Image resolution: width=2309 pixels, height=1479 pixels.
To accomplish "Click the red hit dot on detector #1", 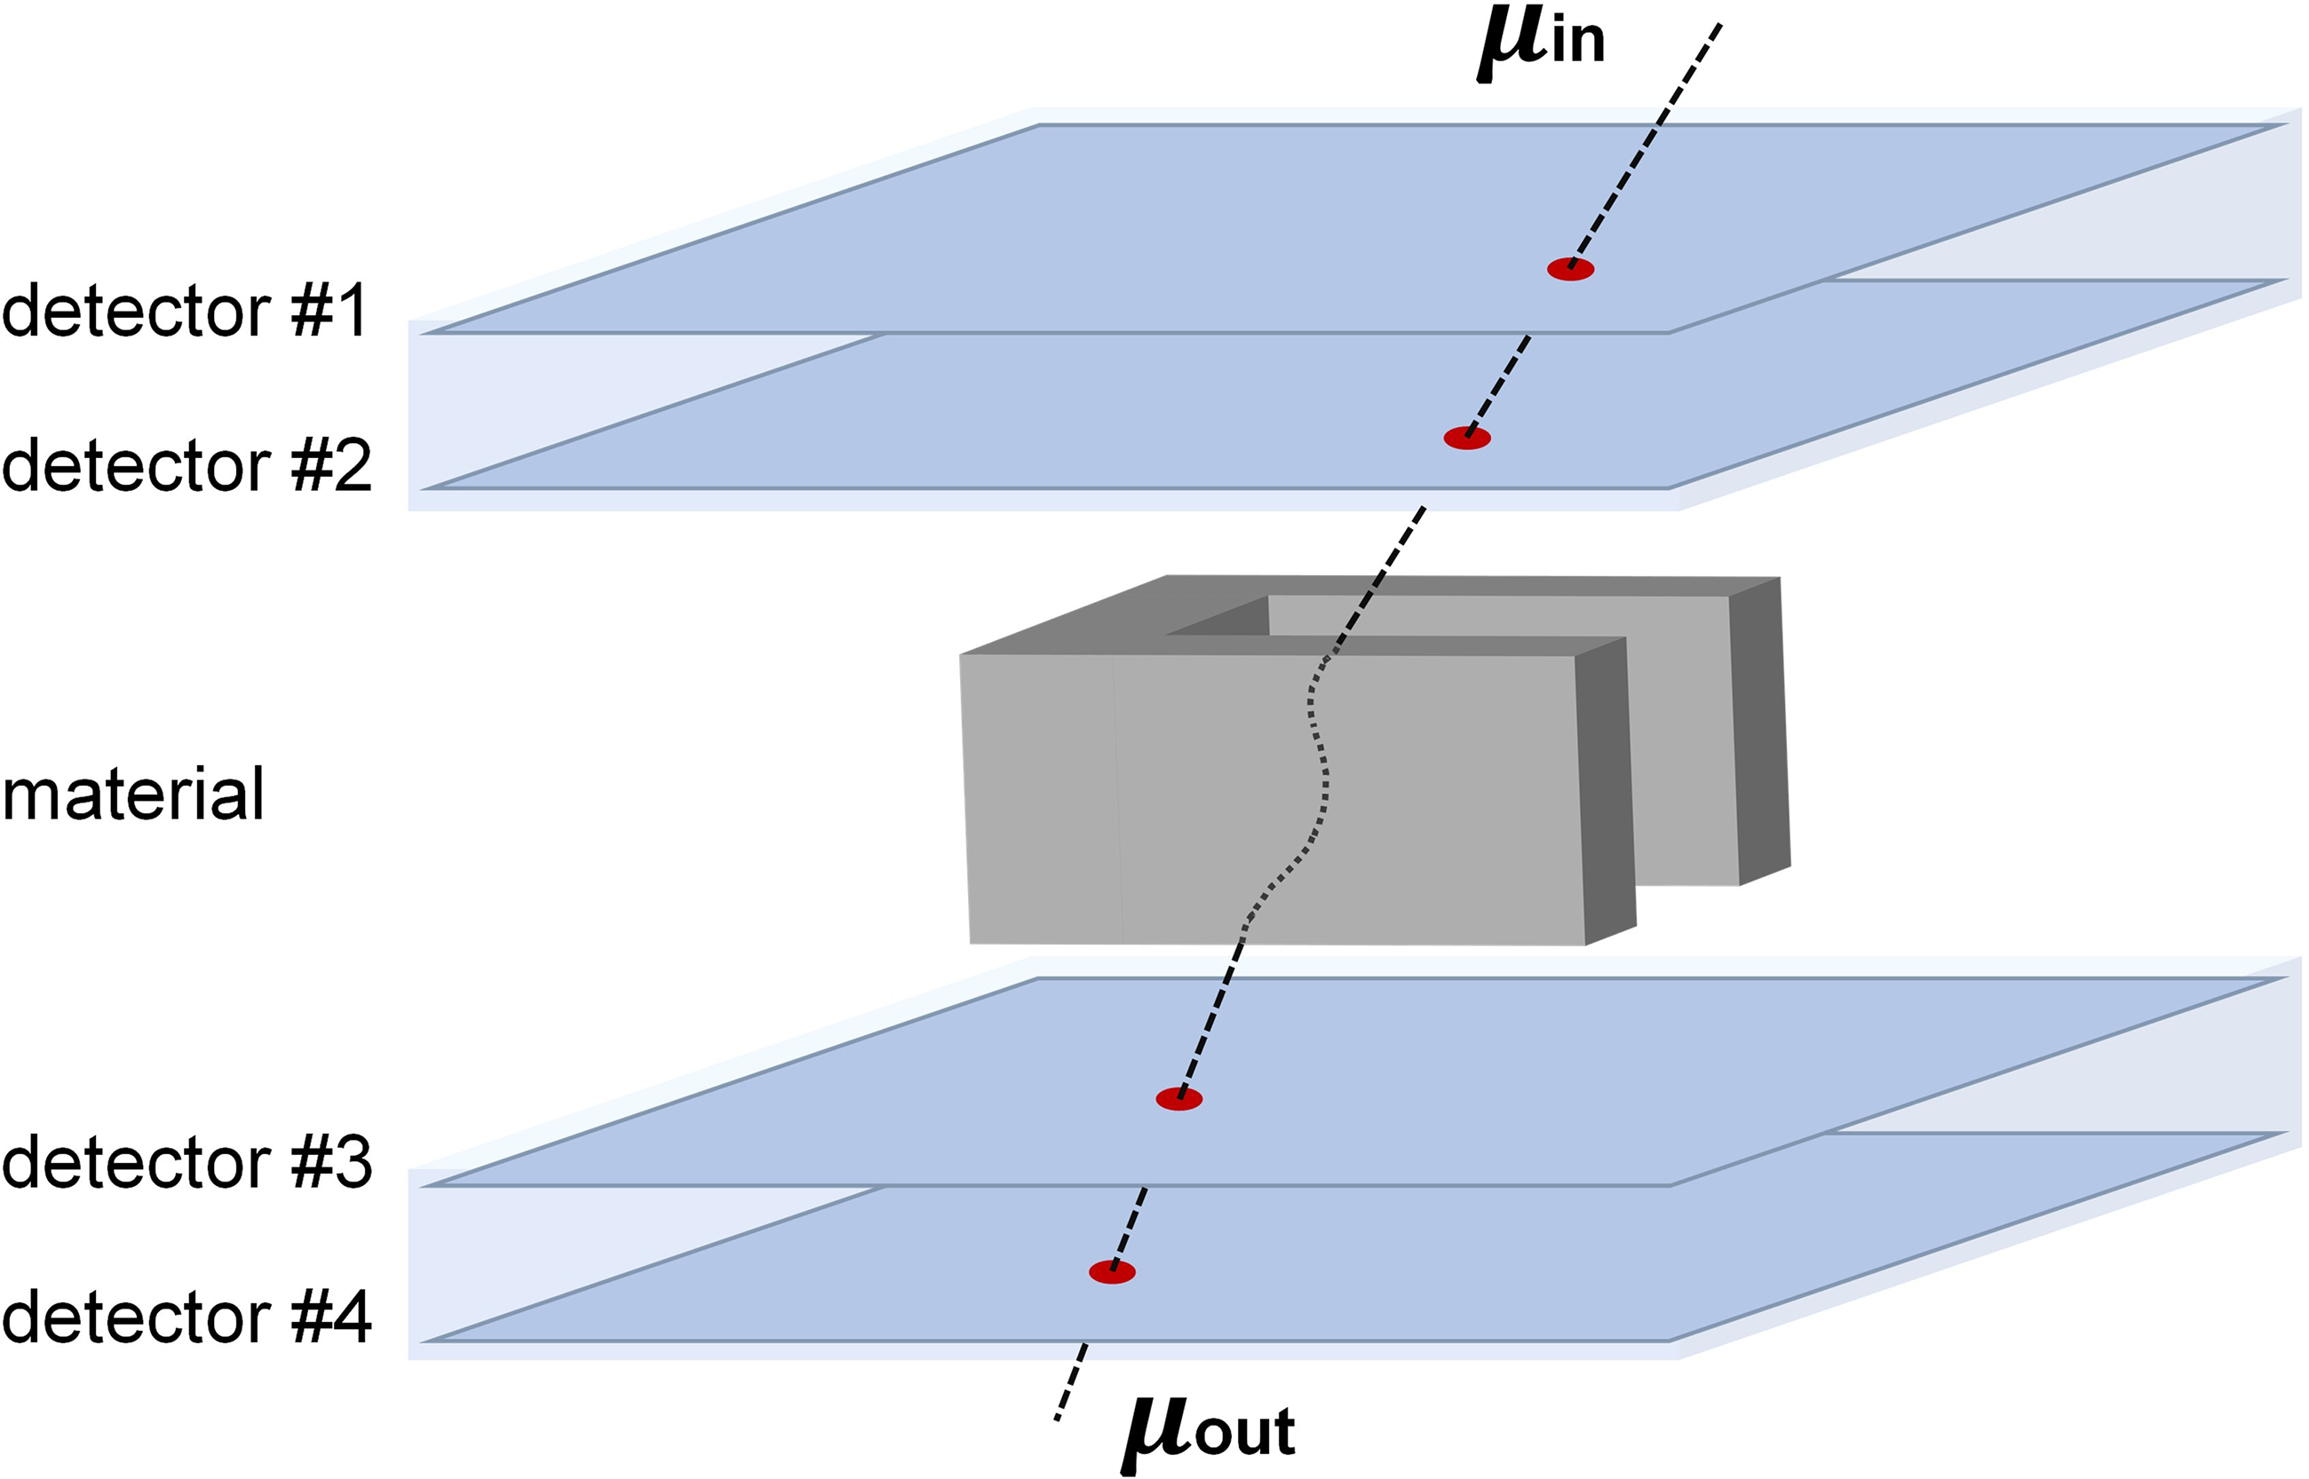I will [1569, 270].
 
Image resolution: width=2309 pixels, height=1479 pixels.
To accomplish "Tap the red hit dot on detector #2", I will [1466, 438].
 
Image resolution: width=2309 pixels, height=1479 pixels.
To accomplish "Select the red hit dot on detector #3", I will [1178, 1099].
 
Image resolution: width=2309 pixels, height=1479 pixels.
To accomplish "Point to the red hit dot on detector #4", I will [1112, 1272].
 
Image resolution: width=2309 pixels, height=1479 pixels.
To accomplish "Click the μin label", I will [1541, 44].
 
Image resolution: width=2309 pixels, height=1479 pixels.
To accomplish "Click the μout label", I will [1209, 1433].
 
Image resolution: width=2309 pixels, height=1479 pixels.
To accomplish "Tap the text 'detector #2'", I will [186, 466].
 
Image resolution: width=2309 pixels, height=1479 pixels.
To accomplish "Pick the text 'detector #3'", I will [186, 1162].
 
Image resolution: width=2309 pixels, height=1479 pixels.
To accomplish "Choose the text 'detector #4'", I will [186, 1317].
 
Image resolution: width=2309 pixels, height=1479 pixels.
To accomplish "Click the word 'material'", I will [132, 795].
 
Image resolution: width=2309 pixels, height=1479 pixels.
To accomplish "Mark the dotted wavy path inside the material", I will [1321, 768].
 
